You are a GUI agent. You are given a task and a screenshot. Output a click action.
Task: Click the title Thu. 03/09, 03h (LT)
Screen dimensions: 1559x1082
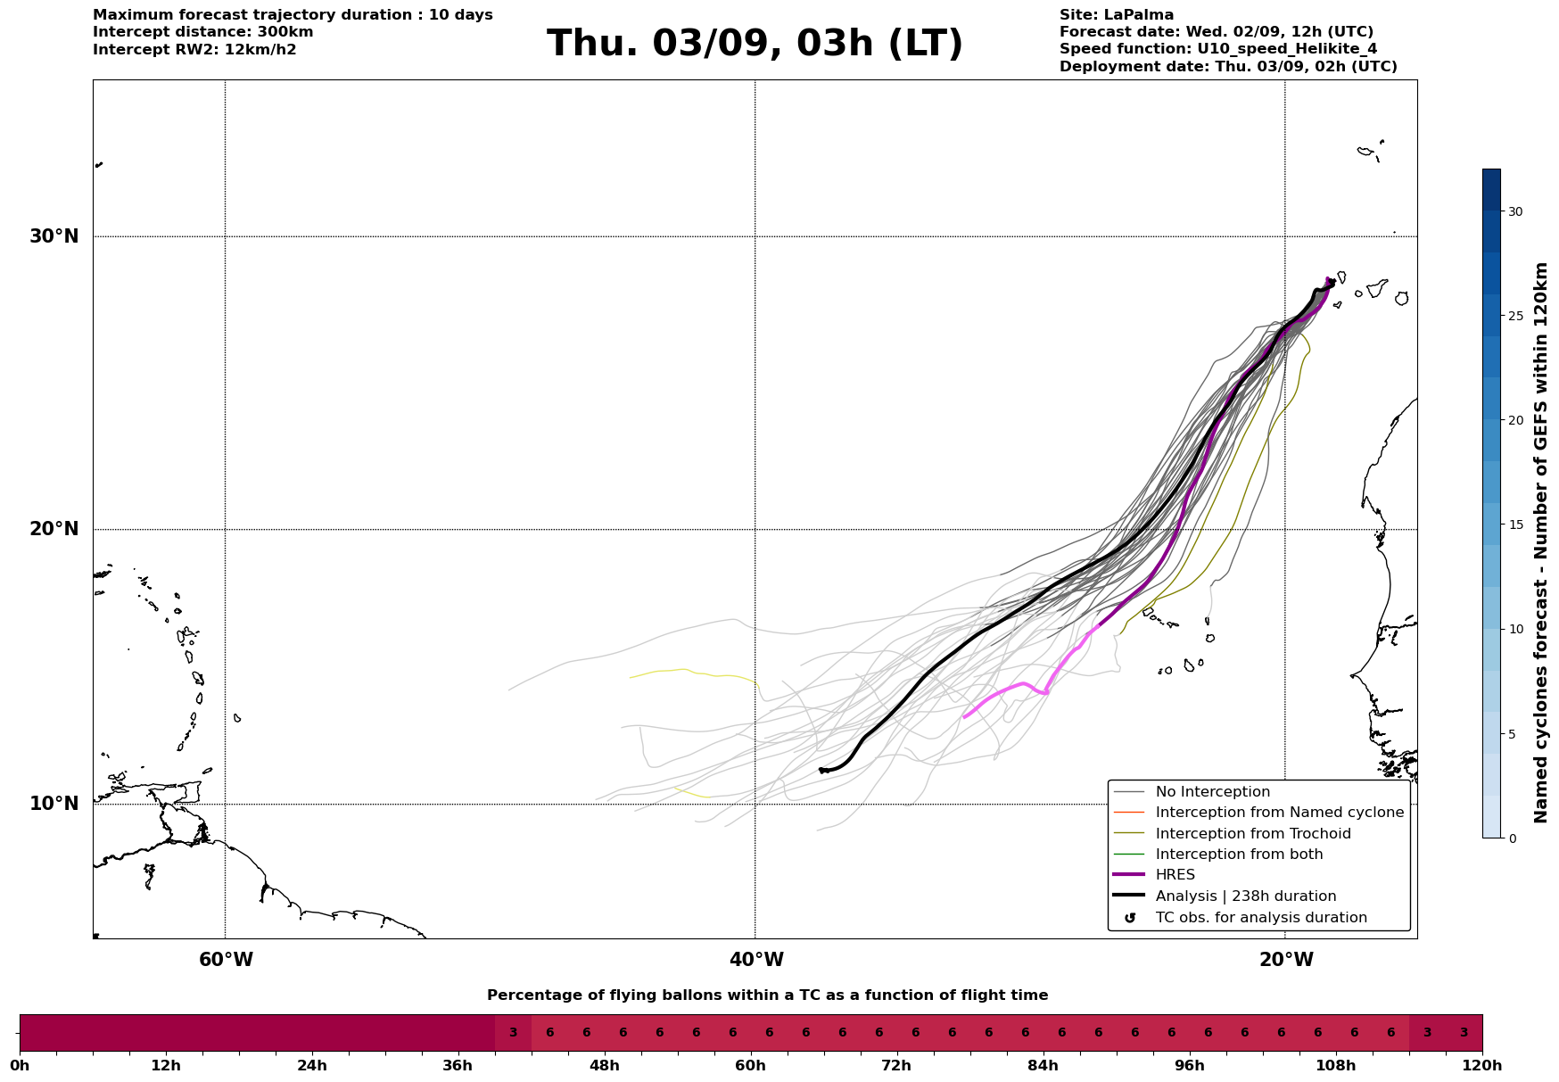[755, 44]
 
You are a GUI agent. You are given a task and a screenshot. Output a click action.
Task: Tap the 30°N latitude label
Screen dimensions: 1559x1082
[54, 236]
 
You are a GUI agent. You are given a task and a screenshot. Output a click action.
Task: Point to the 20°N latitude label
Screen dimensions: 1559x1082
[54, 529]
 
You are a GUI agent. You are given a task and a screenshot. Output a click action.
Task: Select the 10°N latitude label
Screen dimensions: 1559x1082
[54, 804]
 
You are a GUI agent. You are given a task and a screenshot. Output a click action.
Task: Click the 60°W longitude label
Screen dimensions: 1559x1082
[226, 960]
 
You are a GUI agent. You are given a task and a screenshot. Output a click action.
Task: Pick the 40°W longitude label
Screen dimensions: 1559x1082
[756, 960]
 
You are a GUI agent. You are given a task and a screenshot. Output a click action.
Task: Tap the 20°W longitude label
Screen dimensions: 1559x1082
[1286, 960]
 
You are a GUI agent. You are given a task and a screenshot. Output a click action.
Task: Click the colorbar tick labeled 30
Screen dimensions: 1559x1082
[1514, 211]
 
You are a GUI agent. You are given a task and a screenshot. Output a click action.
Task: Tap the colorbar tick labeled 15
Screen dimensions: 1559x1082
[1514, 524]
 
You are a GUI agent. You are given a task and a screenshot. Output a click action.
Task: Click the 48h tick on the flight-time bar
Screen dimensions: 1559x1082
[604, 1065]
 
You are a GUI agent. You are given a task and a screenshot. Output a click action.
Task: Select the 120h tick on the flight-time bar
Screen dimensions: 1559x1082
[1482, 1065]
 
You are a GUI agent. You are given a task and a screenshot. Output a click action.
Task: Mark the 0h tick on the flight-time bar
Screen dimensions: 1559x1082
[20, 1065]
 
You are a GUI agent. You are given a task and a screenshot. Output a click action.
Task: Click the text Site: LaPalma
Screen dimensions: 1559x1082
[1117, 15]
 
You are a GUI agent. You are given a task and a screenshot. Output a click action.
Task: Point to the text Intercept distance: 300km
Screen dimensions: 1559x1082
[203, 32]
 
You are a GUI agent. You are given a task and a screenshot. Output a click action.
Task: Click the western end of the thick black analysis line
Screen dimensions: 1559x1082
[820, 769]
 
